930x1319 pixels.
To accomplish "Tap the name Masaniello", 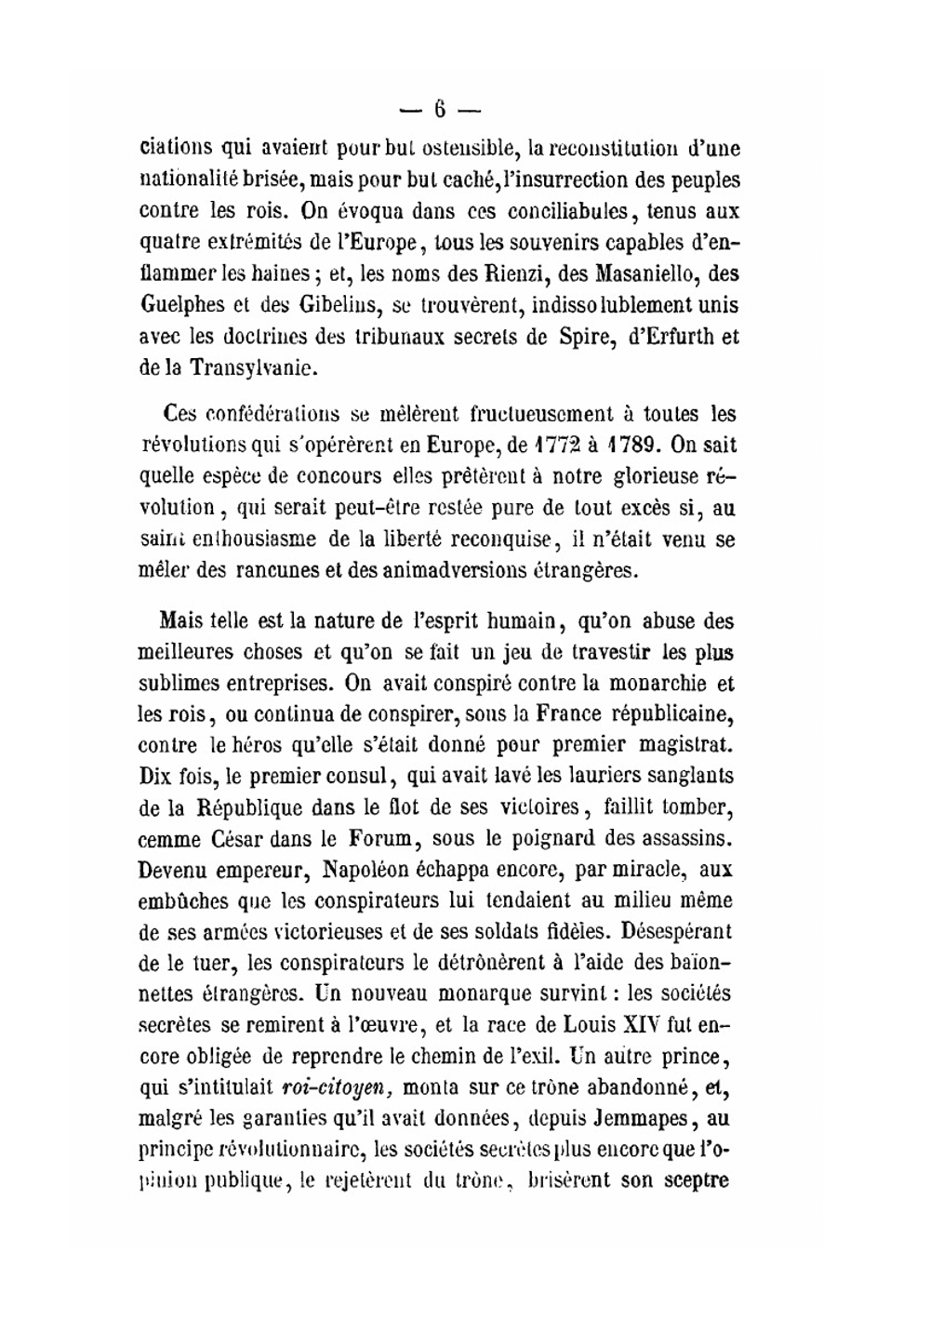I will [x=634, y=273].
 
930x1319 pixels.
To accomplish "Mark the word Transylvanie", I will [x=254, y=367].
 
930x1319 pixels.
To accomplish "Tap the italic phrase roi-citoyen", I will [x=336, y=1088].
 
